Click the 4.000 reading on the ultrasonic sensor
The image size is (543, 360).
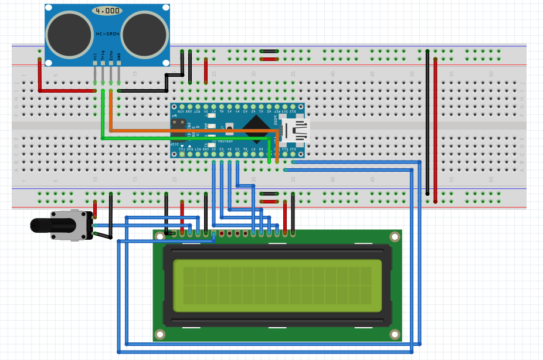[x=107, y=11]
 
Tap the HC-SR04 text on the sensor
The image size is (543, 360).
[x=107, y=34]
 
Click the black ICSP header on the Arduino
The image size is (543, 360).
[x=177, y=130]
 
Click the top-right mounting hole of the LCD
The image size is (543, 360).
[x=395, y=237]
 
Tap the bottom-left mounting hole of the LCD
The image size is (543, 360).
[x=159, y=334]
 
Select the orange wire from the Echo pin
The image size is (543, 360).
[x=194, y=130]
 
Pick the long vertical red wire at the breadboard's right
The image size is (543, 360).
[x=435, y=129]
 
